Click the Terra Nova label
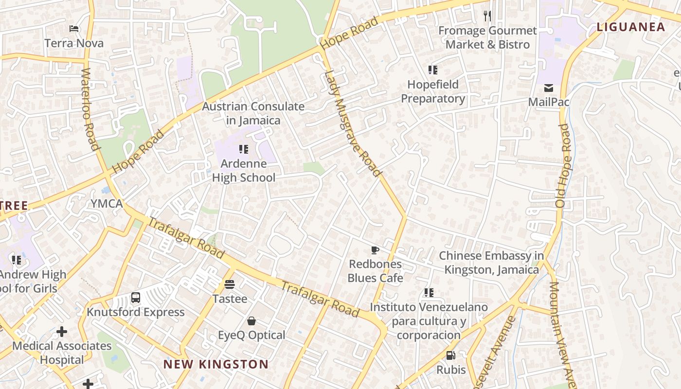pos(74,43)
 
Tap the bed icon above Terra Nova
pos(74,29)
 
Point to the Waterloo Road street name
pos(90,109)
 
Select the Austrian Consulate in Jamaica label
pos(253,113)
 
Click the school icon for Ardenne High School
pos(244,149)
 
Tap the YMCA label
pos(107,204)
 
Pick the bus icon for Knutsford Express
pos(136,298)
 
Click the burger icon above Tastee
pos(230,284)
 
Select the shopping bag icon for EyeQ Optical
pos(251,321)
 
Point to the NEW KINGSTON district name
pos(215,364)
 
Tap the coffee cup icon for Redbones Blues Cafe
pos(375,250)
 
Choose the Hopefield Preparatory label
pos(433,91)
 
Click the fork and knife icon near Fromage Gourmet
pos(487,16)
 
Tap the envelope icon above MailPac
pos(549,88)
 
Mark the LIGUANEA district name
pos(630,27)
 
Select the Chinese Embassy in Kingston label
pos(491,263)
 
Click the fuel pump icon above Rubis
pos(451,355)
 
